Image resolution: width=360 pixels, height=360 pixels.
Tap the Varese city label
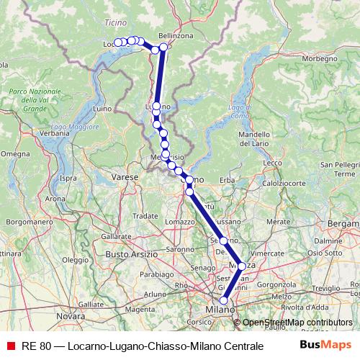125,176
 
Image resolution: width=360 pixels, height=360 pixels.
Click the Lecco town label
273,163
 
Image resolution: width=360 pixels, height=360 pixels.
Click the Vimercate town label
267,253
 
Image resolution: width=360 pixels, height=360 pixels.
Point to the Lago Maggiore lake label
68,127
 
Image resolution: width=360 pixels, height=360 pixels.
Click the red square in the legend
10,346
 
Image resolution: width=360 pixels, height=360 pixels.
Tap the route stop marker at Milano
224,301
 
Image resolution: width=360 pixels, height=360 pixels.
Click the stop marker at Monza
242,266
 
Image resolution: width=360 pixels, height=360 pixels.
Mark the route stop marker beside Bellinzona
163,47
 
